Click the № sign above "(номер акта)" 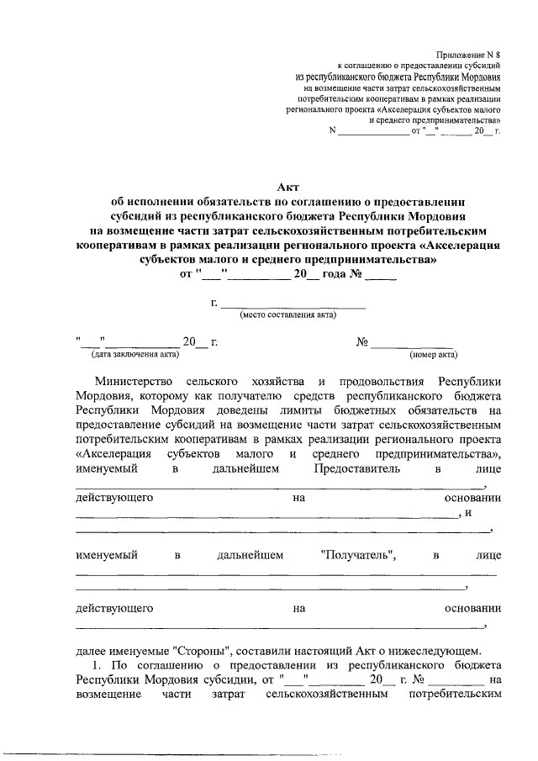[x=363, y=342]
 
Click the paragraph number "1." [x=100, y=665]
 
